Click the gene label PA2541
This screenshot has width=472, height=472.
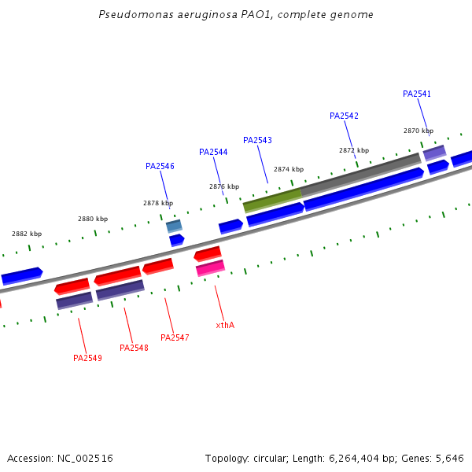417,94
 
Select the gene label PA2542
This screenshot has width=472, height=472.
344,116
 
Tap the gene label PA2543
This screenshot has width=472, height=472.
257,140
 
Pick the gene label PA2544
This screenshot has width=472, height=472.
213,152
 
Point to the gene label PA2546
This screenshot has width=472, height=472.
160,166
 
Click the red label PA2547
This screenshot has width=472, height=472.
175,337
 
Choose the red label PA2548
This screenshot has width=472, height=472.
134,348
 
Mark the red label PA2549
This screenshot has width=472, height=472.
87,358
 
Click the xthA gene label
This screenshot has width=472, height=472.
225,325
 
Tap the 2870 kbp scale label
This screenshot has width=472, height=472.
418,131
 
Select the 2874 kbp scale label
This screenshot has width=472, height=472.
288,169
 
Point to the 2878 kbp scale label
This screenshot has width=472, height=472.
157,203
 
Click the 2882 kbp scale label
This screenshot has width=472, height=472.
27,234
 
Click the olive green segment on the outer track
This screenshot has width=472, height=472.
272,200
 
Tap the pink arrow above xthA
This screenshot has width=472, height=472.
210,268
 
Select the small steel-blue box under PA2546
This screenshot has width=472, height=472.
174,226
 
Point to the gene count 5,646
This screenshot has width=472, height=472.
449,458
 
